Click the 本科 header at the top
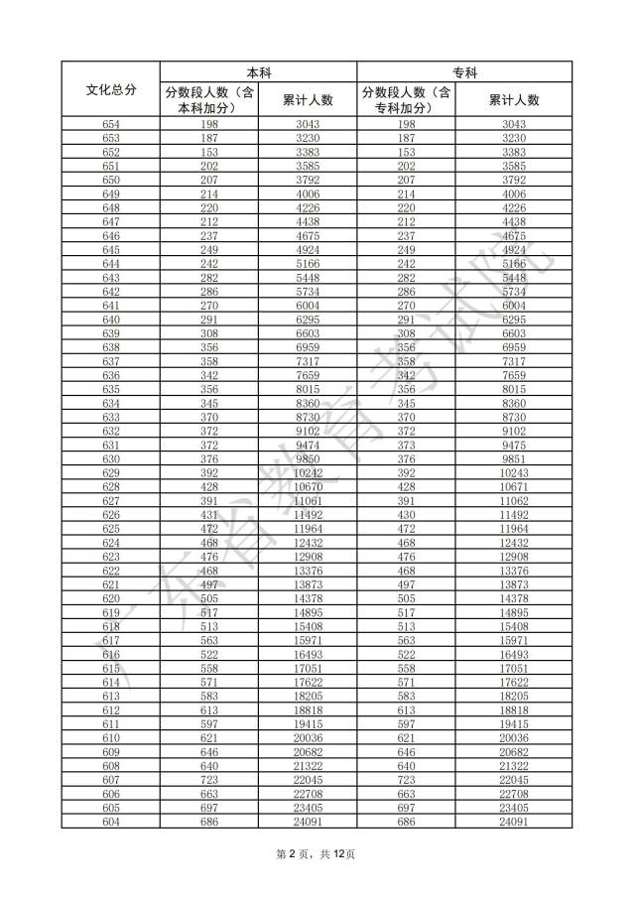pos(258,72)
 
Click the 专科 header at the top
pos(464,72)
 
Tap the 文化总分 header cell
pos(110,89)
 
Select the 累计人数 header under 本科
pos(308,100)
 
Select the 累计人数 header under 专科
pos(514,100)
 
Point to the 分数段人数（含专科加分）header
pos(406,100)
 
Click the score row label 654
pos(110,124)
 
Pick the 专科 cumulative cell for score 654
pos(514,124)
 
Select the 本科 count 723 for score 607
pos(208,779)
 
